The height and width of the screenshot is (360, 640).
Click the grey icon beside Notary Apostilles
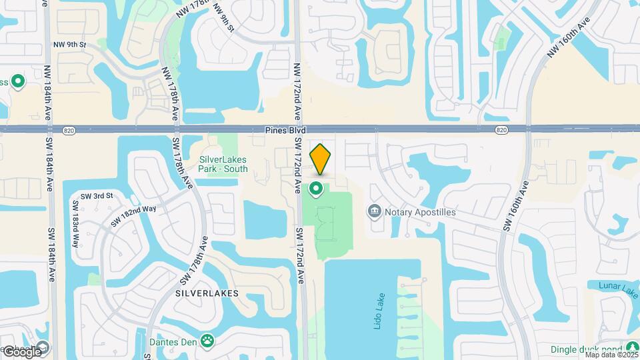tap(374, 212)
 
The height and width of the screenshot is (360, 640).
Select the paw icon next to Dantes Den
tap(208, 340)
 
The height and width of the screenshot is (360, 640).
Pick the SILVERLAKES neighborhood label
tap(207, 293)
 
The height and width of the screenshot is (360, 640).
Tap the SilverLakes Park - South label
tap(223, 164)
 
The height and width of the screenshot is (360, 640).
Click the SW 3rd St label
tap(93, 195)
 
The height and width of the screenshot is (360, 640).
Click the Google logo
tap(22, 352)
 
